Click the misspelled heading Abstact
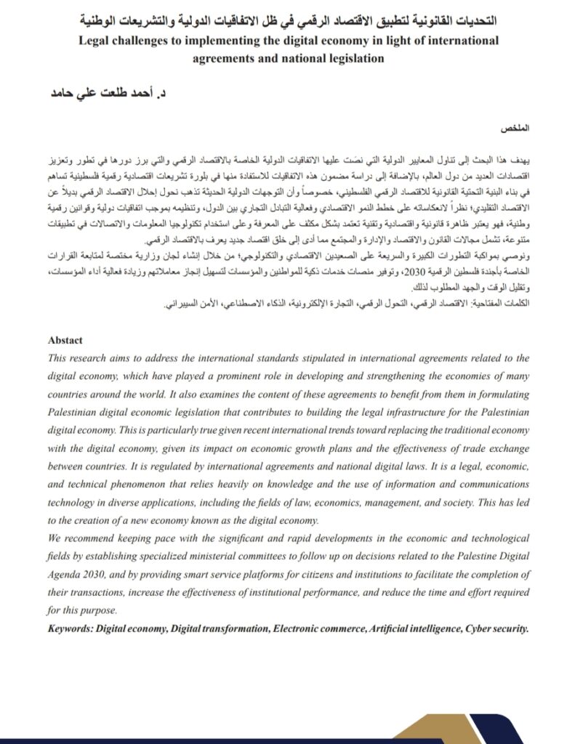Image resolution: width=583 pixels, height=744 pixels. (65, 340)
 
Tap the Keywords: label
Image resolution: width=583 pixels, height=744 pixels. (71, 626)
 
